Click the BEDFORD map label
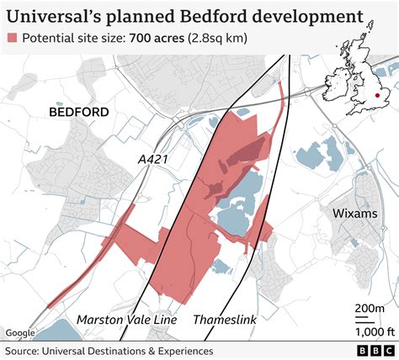click(79, 112)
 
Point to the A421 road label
click(154, 158)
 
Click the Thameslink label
click(226, 320)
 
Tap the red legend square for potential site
click(13, 39)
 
